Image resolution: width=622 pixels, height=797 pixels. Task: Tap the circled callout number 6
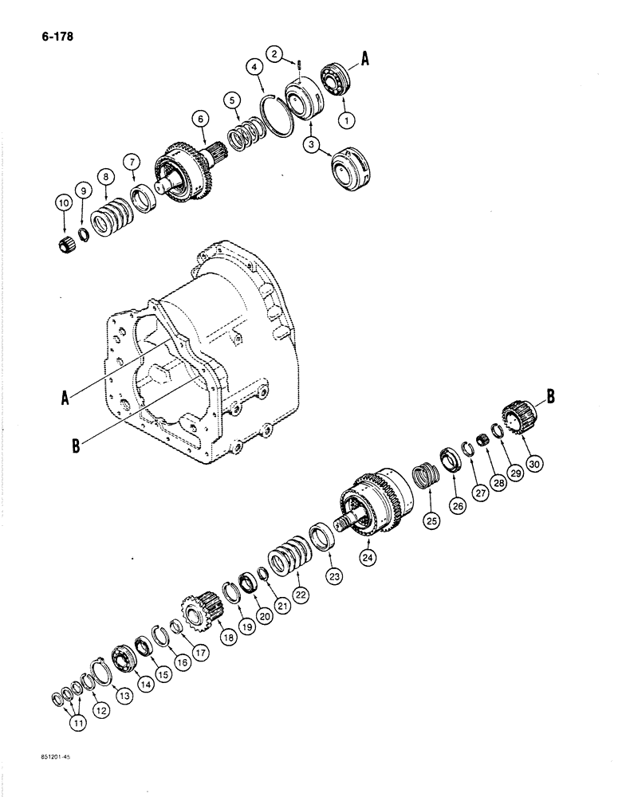click(199, 118)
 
